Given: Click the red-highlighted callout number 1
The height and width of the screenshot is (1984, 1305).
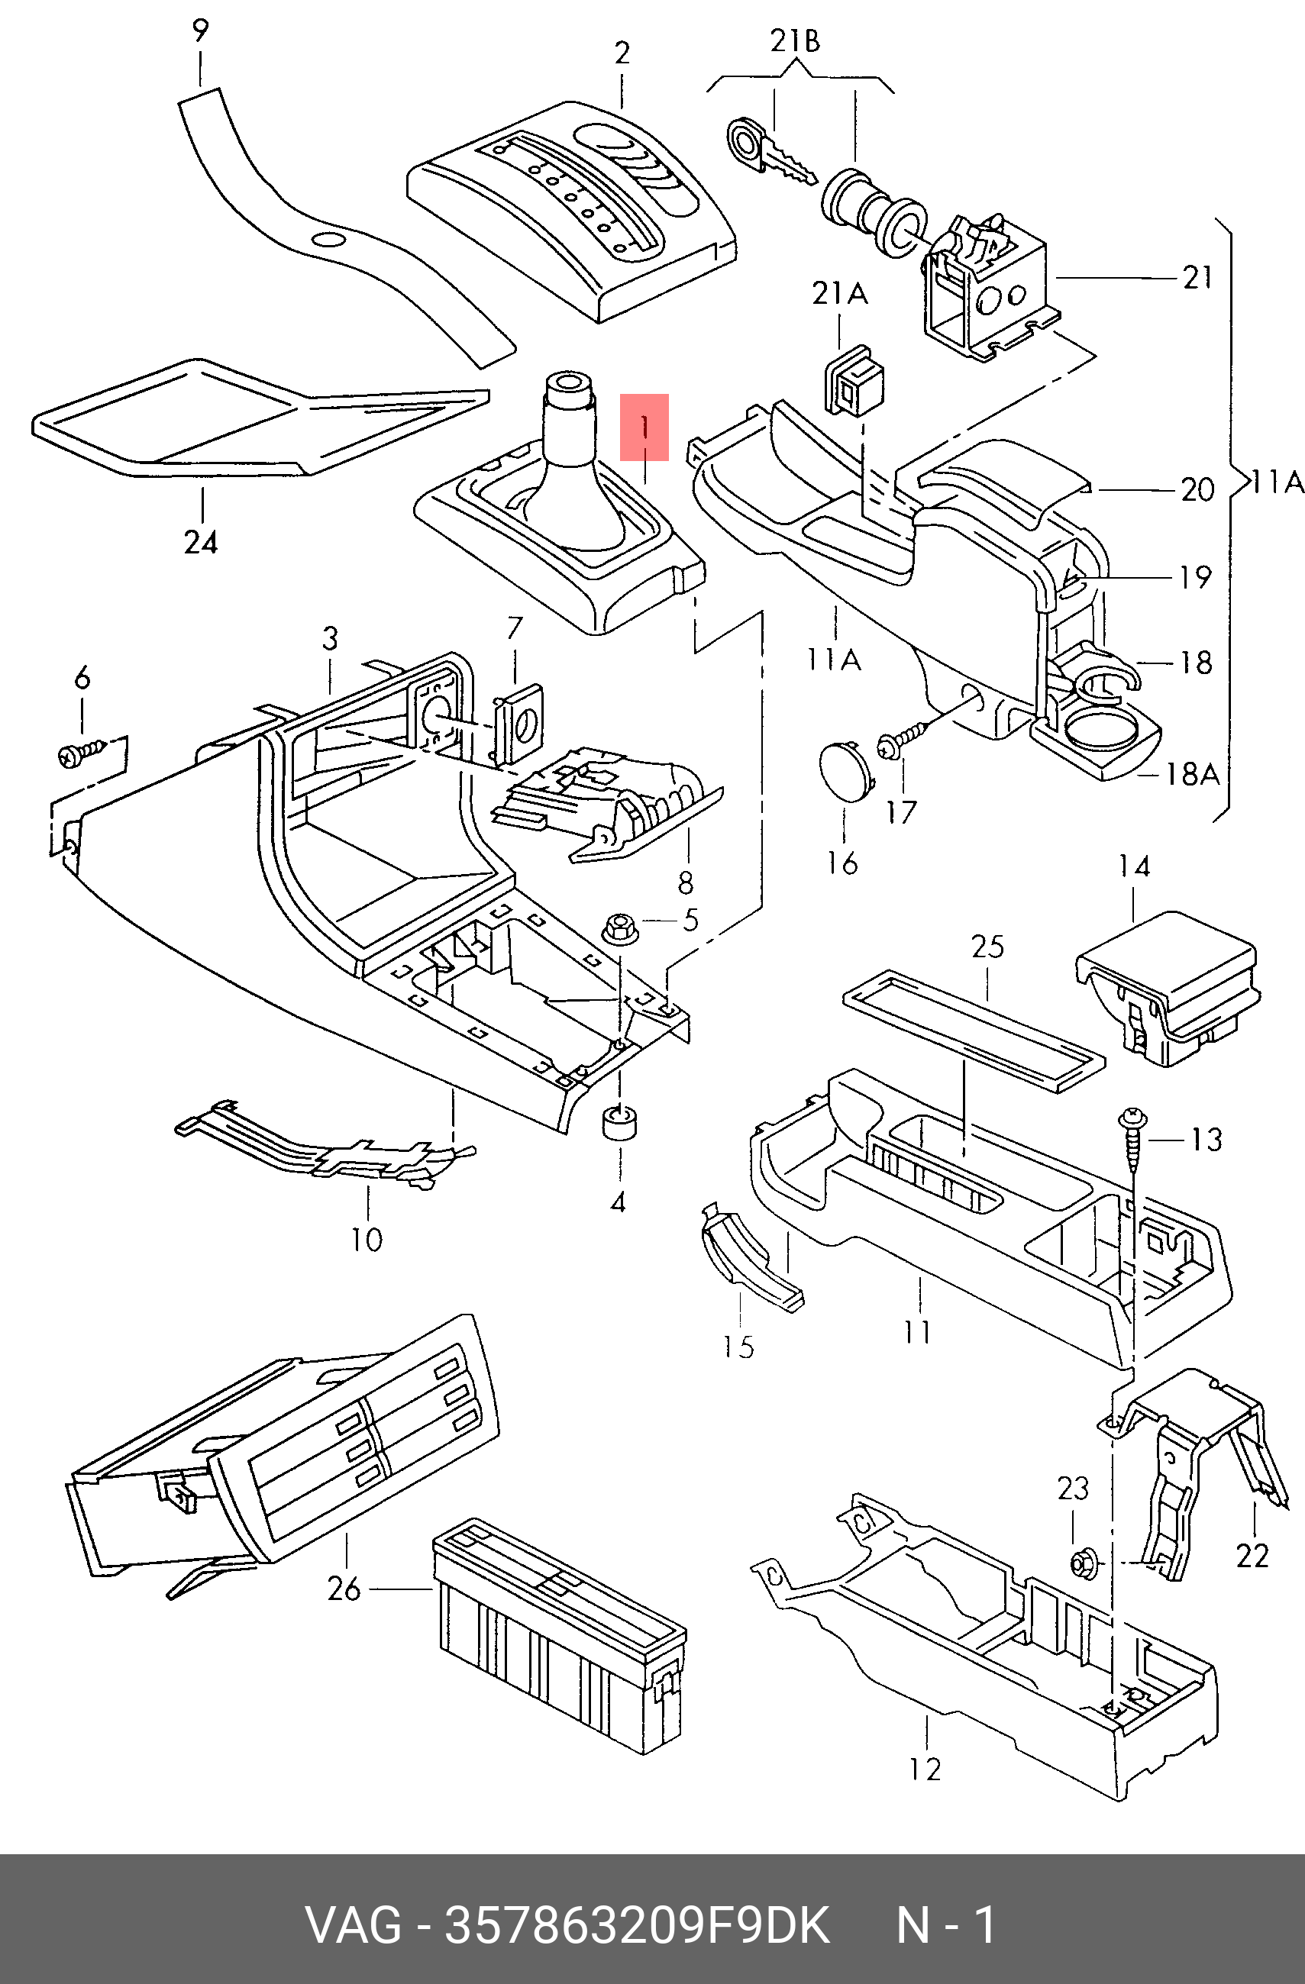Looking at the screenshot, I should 644,427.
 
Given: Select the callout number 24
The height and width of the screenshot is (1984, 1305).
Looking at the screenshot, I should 201,543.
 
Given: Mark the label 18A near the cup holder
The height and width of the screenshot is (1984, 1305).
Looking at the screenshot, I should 1191,774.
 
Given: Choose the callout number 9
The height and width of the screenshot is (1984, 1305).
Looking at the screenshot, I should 200,31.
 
